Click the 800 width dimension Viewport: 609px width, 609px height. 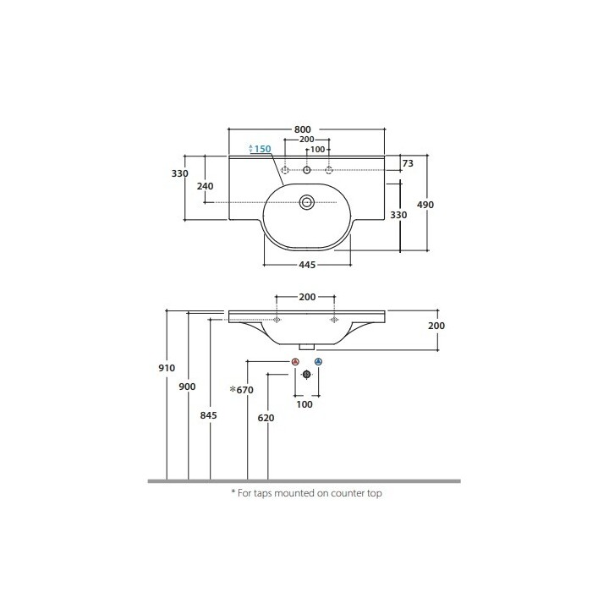pyautogui.click(x=302, y=129)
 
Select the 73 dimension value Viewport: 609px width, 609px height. pyautogui.click(x=408, y=163)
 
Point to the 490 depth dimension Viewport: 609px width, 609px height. pyautogui.click(x=425, y=205)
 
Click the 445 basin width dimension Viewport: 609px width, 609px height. pyautogui.click(x=307, y=265)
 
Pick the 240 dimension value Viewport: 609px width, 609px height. pyautogui.click(x=205, y=186)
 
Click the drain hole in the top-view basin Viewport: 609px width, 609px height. pyautogui.click(x=307, y=202)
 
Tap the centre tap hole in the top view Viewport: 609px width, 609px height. pyautogui.click(x=307, y=170)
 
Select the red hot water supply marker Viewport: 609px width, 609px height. pyautogui.click(x=295, y=362)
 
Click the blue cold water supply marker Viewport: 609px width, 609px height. pyautogui.click(x=319, y=362)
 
